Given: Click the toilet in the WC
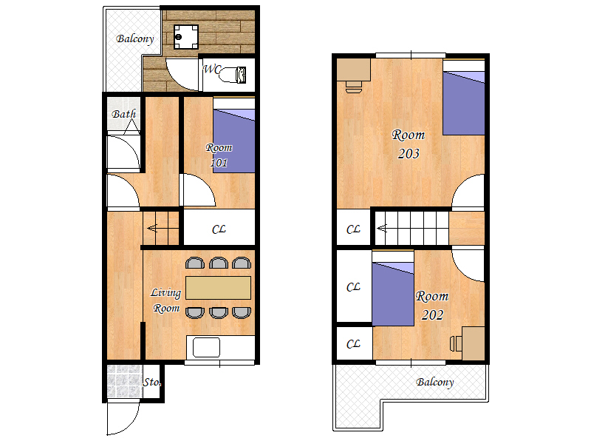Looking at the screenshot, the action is pyautogui.click(x=233, y=75).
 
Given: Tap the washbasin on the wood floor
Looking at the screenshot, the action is pyautogui.click(x=186, y=36).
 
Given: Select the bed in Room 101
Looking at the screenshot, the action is pyautogui.click(x=234, y=135).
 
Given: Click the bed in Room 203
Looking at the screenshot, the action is pyautogui.click(x=464, y=97).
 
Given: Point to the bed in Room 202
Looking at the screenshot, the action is pyautogui.click(x=393, y=288).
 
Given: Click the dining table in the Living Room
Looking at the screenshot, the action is pyautogui.click(x=218, y=288).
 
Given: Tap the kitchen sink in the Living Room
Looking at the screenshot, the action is pyautogui.click(x=206, y=347).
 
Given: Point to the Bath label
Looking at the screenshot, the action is pyautogui.click(x=124, y=114).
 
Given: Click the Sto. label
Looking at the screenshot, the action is pyautogui.click(x=152, y=382).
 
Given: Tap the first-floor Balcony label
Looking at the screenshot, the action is pyautogui.click(x=135, y=39).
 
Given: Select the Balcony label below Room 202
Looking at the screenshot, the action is pyautogui.click(x=434, y=382).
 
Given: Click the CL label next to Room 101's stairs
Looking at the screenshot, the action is pyautogui.click(x=219, y=229).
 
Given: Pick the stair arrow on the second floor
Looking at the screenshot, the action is pyautogui.click(x=381, y=229).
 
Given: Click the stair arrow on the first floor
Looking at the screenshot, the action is pyautogui.click(x=152, y=229).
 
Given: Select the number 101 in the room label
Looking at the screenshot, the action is pyautogui.click(x=219, y=163).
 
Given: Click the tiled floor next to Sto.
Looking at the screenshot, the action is pyautogui.click(x=124, y=380).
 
